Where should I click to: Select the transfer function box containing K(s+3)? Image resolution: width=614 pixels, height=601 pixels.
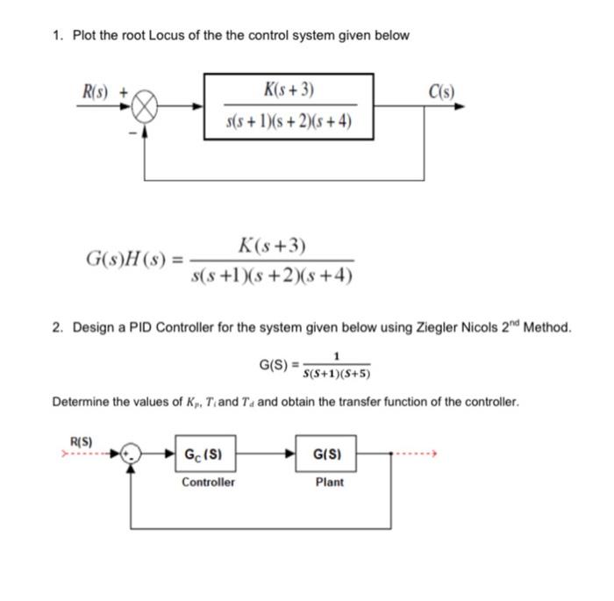coord(289,105)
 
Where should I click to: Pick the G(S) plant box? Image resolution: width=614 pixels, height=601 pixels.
coord(329,455)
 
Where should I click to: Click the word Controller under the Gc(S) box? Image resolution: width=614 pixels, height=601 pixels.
coord(208,483)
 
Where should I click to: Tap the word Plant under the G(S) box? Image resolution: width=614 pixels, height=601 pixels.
coord(330,483)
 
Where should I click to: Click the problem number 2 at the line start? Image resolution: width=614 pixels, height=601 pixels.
coord(54,327)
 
